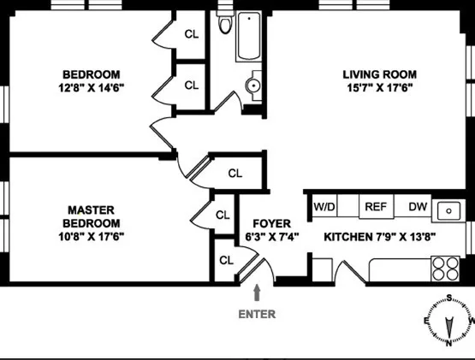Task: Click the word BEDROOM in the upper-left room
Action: pyautogui.click(x=90, y=74)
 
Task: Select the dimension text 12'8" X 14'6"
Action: pyautogui.click(x=90, y=87)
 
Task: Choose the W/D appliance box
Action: pyautogui.click(x=324, y=206)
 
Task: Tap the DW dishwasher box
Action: pyautogui.click(x=417, y=206)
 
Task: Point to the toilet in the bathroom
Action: pyautogui.click(x=225, y=23)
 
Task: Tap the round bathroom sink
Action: pyautogui.click(x=253, y=86)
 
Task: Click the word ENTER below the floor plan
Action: pyautogui.click(x=257, y=314)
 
